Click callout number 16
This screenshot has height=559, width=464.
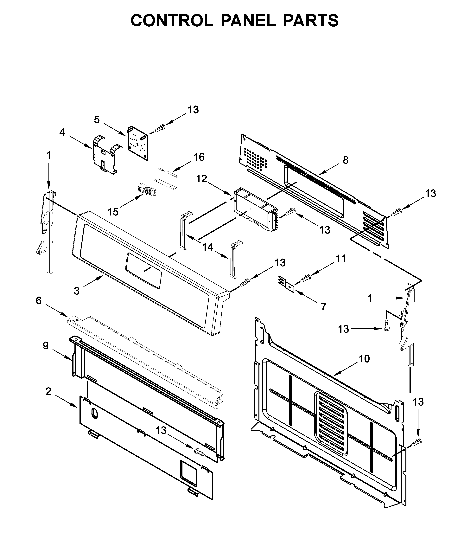pyautogui.click(x=199, y=157)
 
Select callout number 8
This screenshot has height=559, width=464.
pyautogui.click(x=345, y=160)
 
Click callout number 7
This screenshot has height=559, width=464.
pyautogui.click(x=323, y=307)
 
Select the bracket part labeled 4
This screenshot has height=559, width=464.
pyautogui.click(x=106, y=155)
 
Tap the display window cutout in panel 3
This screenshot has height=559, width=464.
pyautogui.click(x=144, y=270)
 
